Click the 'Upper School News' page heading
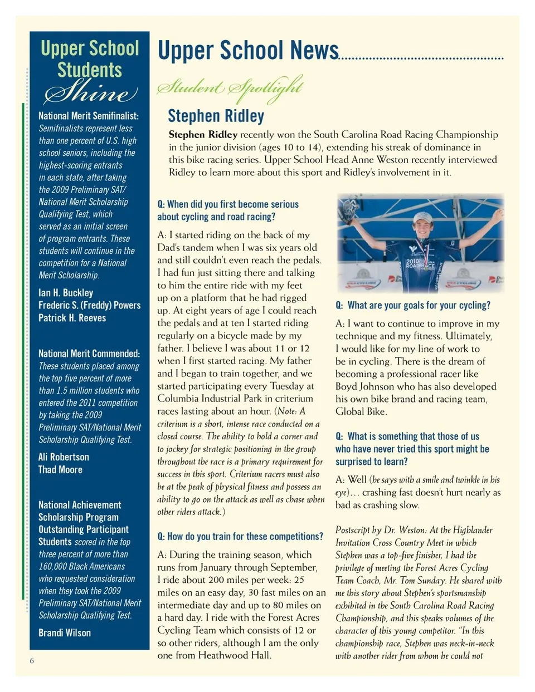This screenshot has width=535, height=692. click(x=248, y=50)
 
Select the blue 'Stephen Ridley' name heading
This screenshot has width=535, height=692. click(x=216, y=116)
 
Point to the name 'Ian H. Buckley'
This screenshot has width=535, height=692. click(x=66, y=293)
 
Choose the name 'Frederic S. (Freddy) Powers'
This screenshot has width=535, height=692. click(x=89, y=305)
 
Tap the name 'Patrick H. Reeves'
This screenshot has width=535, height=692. click(x=72, y=318)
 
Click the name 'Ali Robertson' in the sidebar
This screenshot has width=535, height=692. click(x=64, y=457)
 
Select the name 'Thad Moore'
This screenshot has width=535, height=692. click(x=60, y=470)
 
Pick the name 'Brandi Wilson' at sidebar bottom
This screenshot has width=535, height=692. click(x=65, y=633)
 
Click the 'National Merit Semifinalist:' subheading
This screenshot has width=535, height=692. click(x=89, y=116)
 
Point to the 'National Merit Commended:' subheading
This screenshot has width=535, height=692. click(x=89, y=354)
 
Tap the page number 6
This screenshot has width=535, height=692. click(x=32, y=661)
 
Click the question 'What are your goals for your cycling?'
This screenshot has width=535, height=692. click(x=413, y=306)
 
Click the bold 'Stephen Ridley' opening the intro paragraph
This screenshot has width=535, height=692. click(x=203, y=135)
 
